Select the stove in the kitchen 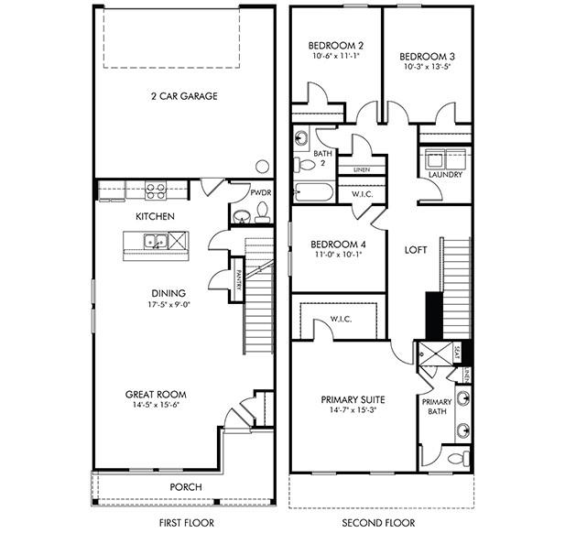(156, 191)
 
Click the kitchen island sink (157, 242)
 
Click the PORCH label (187, 486)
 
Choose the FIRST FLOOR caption (185, 523)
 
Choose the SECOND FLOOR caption (379, 523)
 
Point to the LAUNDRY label (445, 175)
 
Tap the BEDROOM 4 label (338, 245)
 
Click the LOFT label (417, 249)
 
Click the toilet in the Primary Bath (459, 457)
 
